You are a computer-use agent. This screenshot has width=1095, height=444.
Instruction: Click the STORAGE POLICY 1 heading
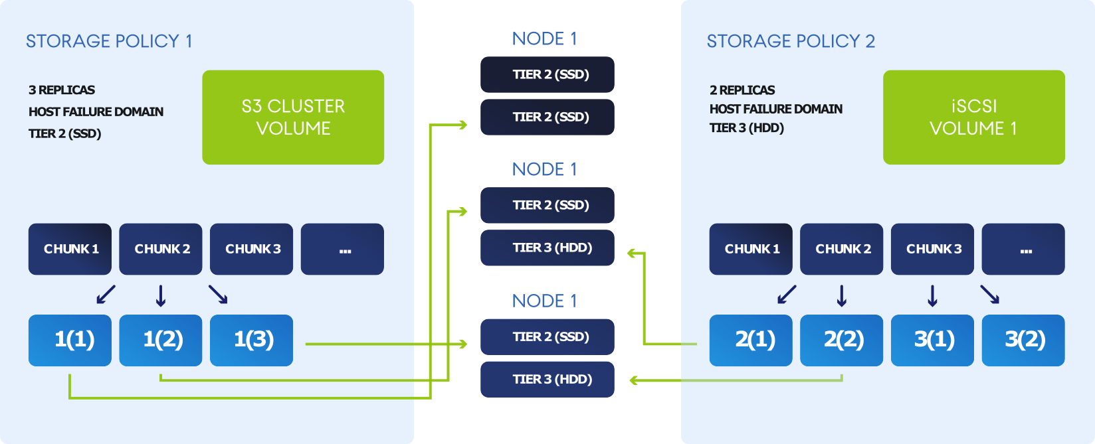(x=109, y=41)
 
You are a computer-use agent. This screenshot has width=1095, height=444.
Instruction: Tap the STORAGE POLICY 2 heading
(x=791, y=41)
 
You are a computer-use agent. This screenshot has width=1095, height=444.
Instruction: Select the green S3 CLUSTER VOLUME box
(x=293, y=117)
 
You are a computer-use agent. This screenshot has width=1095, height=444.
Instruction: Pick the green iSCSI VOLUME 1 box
(x=973, y=117)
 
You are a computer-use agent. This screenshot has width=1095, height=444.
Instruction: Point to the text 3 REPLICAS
(x=62, y=90)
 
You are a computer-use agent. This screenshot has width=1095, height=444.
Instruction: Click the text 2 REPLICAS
(x=742, y=90)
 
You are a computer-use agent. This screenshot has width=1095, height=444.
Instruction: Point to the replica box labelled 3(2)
(x=1023, y=340)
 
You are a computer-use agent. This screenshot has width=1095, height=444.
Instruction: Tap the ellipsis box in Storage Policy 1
(x=342, y=249)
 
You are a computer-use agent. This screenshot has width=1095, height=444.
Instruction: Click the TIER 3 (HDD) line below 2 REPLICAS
(x=747, y=128)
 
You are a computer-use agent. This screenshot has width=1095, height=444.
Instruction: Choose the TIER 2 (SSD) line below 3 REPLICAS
(x=65, y=134)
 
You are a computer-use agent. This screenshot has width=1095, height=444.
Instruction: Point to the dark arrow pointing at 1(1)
(x=106, y=295)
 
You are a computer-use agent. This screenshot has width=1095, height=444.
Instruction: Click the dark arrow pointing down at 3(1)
(x=932, y=295)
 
